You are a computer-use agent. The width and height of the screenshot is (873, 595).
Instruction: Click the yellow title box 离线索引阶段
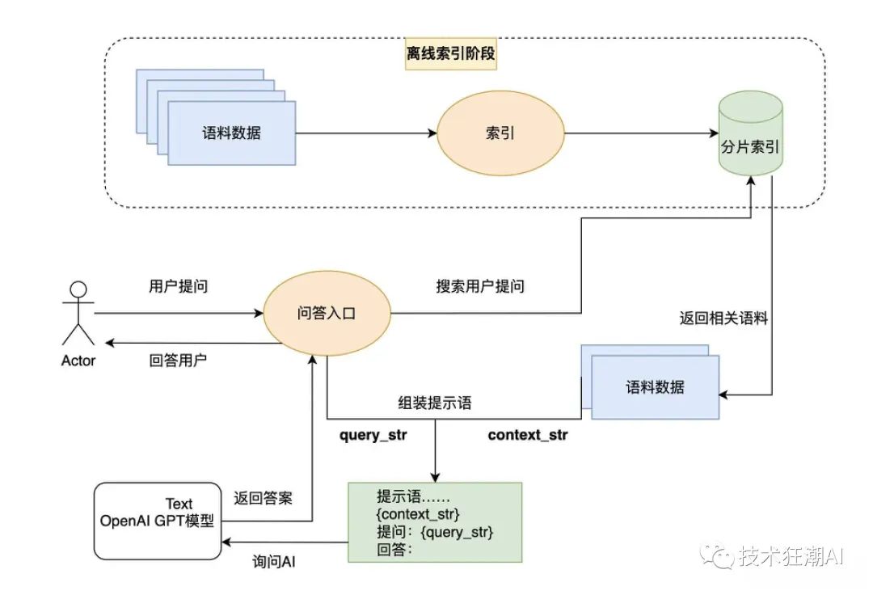pos(450,54)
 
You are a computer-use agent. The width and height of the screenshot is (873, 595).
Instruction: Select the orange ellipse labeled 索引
pos(500,133)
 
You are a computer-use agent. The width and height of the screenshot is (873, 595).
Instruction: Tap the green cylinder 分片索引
pos(750,133)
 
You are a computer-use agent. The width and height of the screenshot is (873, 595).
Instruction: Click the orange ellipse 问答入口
pos(327,314)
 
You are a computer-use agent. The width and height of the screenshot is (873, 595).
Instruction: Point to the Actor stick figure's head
pos(78,289)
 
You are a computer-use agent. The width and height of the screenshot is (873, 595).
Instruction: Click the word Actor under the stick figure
pos(78,361)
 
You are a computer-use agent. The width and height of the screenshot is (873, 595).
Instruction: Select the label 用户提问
pos(178,286)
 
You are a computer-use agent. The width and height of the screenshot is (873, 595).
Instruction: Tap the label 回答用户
pos(178,361)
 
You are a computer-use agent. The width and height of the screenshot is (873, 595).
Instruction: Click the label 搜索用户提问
pos(480,286)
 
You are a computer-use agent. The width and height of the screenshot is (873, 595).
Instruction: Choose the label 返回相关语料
pos(723,319)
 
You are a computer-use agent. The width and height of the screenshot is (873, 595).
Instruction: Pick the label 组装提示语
pos(435,403)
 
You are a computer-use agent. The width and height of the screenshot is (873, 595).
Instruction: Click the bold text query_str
pos(373,435)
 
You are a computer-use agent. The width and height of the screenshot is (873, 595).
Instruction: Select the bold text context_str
pos(528,435)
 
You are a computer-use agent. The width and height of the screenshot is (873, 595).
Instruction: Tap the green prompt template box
pos(435,522)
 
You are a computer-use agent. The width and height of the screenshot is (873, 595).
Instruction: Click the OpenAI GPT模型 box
pos(158,521)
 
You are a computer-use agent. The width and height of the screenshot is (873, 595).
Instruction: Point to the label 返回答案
pos(263,498)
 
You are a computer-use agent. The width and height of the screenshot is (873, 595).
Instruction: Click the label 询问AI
pos(273,562)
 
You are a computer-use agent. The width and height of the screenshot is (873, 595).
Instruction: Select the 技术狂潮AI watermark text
pos(791,555)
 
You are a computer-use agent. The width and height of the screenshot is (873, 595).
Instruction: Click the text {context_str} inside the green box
pos(418,513)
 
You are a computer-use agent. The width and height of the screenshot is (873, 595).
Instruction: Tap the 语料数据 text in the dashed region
pos(232,133)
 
